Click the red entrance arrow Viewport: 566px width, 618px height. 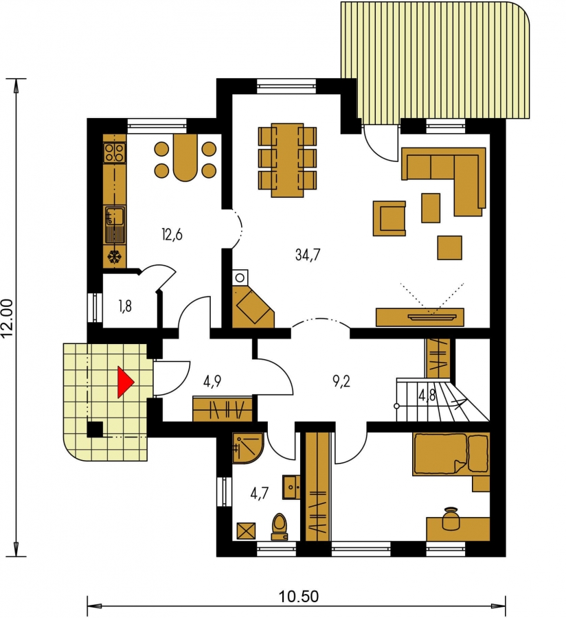[x=126, y=382]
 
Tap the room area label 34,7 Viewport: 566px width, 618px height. [x=308, y=255]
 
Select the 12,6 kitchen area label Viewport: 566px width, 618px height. [x=172, y=235]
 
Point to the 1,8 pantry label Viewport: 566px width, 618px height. [x=125, y=306]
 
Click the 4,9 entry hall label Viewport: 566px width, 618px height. [x=212, y=381]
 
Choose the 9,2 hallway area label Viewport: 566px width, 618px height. [x=341, y=381]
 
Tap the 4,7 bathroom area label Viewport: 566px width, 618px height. [x=260, y=493]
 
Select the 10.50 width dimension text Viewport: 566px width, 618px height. [x=299, y=596]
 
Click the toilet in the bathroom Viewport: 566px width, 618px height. [x=280, y=527]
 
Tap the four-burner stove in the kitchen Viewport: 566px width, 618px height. [x=115, y=152]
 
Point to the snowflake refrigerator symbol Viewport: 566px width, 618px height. [x=115, y=257]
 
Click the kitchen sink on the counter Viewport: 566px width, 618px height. [x=115, y=225]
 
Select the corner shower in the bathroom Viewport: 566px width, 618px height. [x=247, y=448]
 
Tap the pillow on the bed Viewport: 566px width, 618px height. [x=478, y=453]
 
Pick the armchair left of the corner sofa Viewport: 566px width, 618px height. [x=389, y=218]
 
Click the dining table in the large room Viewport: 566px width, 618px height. [x=287, y=160]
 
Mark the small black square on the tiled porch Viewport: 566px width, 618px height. [x=95, y=429]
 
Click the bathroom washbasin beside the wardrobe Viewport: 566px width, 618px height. [x=291, y=487]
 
